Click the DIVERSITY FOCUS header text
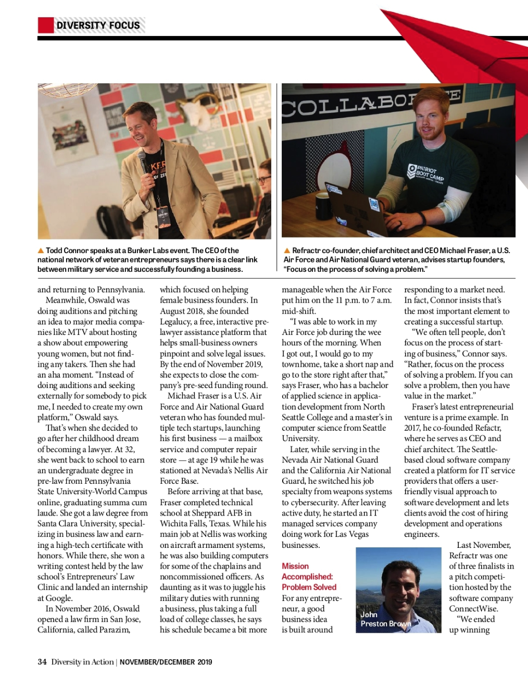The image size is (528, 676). (98, 25)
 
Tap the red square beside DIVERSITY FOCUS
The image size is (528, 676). (45, 25)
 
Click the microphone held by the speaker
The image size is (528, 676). (142, 162)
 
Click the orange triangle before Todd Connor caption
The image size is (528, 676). (41, 251)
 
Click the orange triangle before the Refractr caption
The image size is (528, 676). (286, 251)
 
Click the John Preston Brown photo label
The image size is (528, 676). (385, 619)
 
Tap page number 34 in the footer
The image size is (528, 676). (42, 662)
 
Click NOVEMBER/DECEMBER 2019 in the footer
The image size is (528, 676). (166, 662)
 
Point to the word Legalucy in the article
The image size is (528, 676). (175, 322)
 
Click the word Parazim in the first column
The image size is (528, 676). (113, 630)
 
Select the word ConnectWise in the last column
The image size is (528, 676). (473, 608)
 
